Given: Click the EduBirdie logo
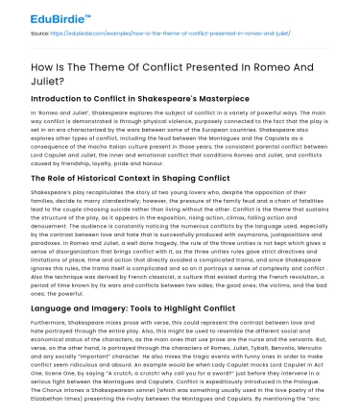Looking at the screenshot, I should click(39, 16).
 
